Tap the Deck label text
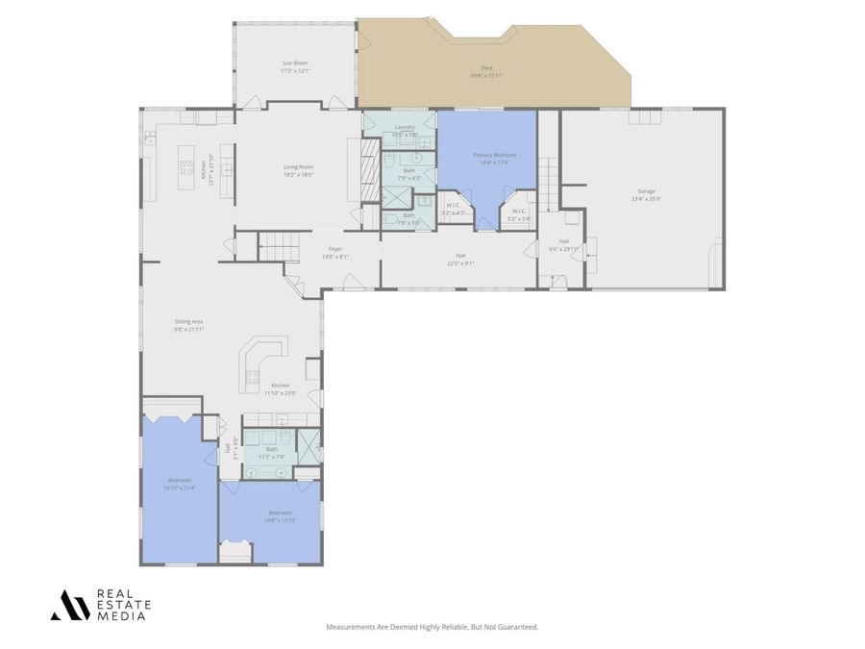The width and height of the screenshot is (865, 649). [486, 68]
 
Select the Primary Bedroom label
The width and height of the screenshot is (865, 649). [494, 155]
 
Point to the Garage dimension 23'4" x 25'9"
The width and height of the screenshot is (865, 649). [645, 199]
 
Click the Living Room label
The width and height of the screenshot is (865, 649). [298, 167]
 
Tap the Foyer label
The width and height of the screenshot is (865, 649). [334, 249]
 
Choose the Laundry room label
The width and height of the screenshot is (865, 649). [405, 127]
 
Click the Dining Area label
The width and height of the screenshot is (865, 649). [188, 322]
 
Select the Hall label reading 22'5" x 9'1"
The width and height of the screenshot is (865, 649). [459, 257]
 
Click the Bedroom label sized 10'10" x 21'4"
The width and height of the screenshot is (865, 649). [180, 480]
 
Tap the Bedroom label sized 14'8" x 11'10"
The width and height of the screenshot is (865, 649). [280, 513]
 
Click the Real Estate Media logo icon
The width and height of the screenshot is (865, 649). [69, 605]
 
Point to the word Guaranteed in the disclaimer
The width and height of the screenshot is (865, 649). [518, 627]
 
